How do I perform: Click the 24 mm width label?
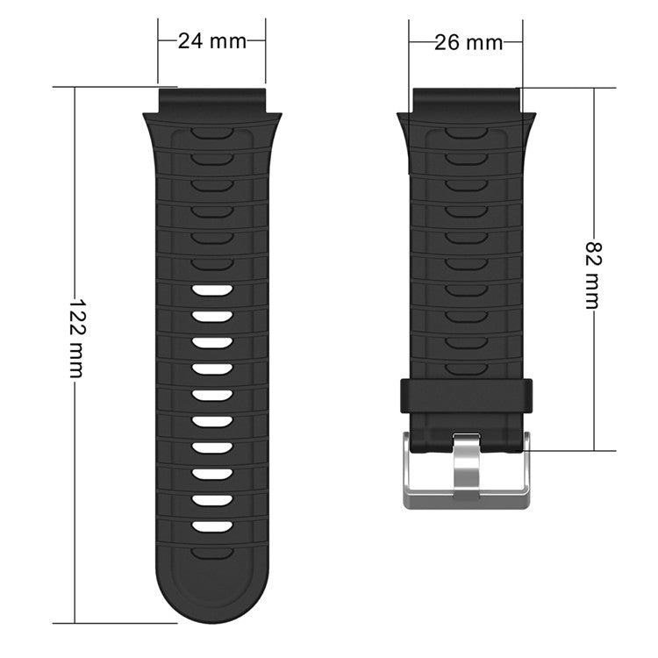click(x=211, y=40)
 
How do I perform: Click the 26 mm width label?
click(x=468, y=41)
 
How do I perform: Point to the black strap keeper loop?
click(x=467, y=396)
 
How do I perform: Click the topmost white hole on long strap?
click(x=211, y=290)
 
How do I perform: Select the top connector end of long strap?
click(x=211, y=98)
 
